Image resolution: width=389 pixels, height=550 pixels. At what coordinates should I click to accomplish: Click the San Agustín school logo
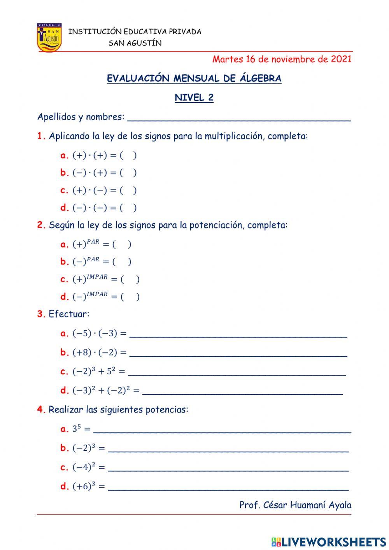pyautogui.click(x=49, y=38)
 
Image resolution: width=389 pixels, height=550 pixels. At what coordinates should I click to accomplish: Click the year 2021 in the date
pyautogui.click(x=341, y=59)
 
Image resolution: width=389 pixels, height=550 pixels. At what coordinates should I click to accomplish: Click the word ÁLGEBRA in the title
pyautogui.click(x=261, y=79)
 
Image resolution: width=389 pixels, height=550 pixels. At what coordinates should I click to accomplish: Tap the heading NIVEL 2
pyautogui.click(x=194, y=98)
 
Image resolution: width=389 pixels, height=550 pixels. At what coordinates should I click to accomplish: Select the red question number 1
pyautogui.click(x=41, y=136)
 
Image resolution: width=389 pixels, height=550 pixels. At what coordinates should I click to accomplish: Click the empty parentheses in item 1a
pyautogui.click(x=128, y=156)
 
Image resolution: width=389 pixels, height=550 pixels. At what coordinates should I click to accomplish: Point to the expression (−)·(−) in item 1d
pyautogui.click(x=89, y=208)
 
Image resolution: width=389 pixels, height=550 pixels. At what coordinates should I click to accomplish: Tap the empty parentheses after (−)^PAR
pyautogui.click(x=122, y=262)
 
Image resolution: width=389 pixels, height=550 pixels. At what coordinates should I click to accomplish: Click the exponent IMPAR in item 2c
pyautogui.click(x=97, y=277)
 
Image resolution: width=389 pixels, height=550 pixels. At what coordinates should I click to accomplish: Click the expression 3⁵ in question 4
pyautogui.click(x=76, y=429)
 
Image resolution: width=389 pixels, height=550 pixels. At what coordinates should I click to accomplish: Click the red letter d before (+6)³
pyautogui.click(x=64, y=487)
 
